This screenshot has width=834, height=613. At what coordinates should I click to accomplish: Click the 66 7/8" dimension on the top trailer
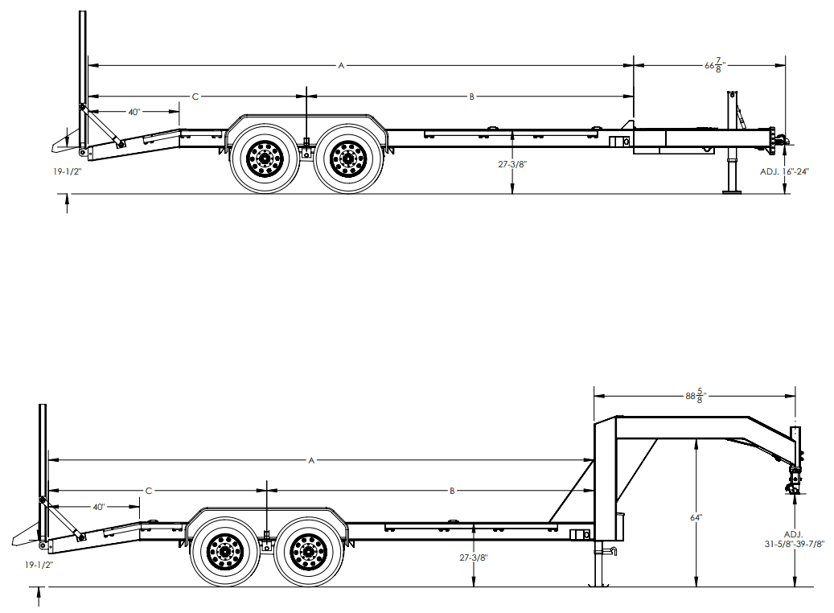(x=712, y=66)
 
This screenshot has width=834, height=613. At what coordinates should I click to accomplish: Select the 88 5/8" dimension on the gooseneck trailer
(x=694, y=396)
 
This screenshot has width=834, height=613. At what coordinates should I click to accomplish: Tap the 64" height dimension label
(x=696, y=517)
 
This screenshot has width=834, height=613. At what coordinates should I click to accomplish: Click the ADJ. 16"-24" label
(x=784, y=171)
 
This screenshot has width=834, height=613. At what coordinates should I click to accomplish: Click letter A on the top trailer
(x=341, y=65)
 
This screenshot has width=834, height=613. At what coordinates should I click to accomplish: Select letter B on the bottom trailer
(x=452, y=490)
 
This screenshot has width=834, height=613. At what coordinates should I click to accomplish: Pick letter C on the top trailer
(x=195, y=97)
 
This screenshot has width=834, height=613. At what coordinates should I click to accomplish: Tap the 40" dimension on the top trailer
(x=134, y=112)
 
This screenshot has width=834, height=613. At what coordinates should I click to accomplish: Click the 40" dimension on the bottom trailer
(x=99, y=507)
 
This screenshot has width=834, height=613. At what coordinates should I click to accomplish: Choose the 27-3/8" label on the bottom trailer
(x=474, y=557)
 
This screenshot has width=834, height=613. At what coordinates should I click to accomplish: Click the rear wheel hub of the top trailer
(x=264, y=158)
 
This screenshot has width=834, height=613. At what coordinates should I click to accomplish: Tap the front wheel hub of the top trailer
(x=347, y=158)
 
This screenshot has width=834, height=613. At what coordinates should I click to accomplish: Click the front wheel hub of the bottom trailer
(x=307, y=552)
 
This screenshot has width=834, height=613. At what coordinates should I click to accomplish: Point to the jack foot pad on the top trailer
(x=733, y=191)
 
